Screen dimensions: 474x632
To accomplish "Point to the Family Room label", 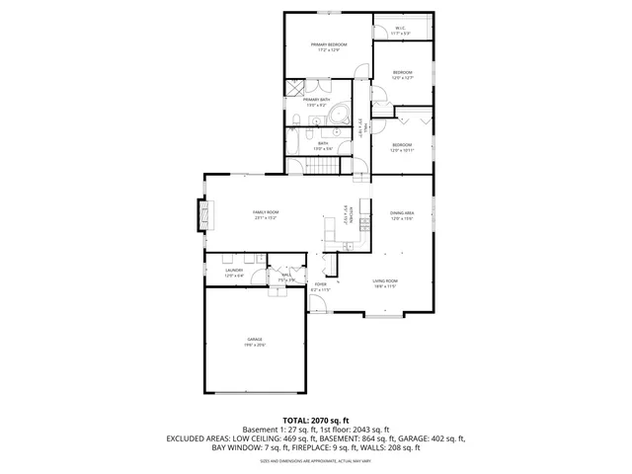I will point(266,215).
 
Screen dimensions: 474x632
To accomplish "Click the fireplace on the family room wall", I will point(205,215).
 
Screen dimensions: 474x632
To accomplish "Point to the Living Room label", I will point(384,282).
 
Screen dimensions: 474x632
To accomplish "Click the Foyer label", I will point(321,287).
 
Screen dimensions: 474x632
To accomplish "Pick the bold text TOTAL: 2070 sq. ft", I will point(316,420).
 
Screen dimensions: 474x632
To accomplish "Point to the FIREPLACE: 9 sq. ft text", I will point(333,447).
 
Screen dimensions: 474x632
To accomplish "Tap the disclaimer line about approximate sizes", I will point(316,460).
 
